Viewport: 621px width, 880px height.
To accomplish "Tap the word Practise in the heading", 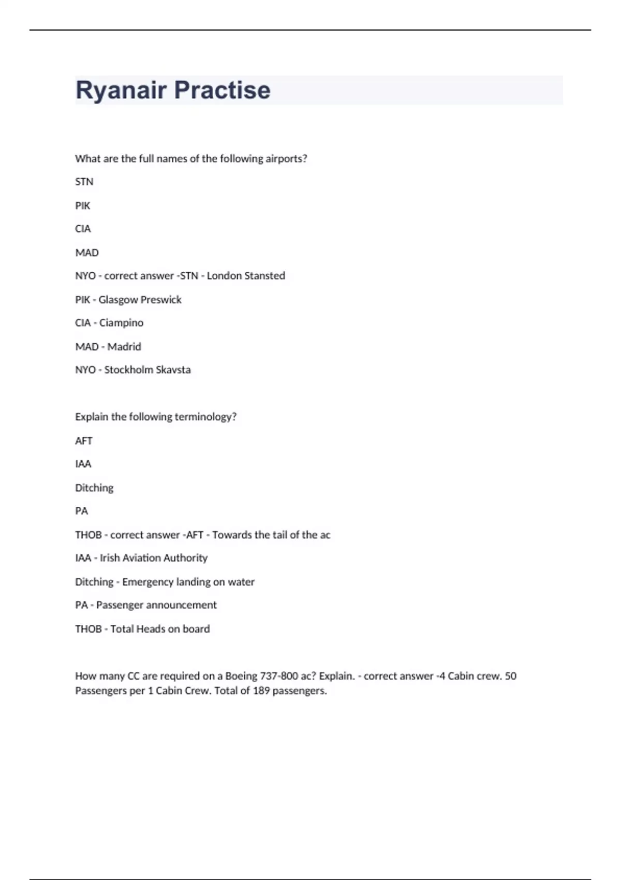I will pyautogui.click(x=222, y=91).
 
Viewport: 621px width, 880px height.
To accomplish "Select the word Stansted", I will pyautogui.click(x=265, y=276).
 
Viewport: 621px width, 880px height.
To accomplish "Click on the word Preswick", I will pyautogui.click(x=161, y=300).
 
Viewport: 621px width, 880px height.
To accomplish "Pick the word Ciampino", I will pyautogui.click(x=121, y=323).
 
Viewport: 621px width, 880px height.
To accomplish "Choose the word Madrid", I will pyautogui.click(x=124, y=347).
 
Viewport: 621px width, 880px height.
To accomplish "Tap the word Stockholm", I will pyautogui.click(x=125, y=370).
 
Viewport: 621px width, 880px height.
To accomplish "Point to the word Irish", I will pyautogui.click(x=110, y=558).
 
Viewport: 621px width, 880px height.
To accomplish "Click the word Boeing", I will pyautogui.click(x=242, y=676).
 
